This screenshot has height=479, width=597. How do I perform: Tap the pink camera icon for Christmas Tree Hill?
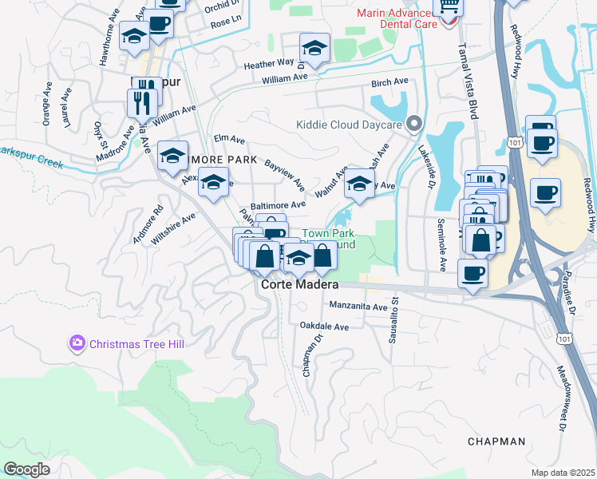(77, 344)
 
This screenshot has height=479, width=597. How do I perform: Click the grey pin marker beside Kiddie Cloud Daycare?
(413, 124)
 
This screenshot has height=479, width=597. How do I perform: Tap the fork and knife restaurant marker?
(142, 102)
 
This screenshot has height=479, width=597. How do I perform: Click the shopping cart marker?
(448, 7)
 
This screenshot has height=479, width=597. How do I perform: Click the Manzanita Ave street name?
(358, 307)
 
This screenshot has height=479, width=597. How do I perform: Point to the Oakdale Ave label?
(324, 327)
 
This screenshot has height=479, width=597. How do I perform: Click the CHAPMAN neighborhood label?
(496, 441)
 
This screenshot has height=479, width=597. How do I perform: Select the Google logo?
(26, 469)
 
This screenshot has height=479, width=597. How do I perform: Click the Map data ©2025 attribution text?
(563, 473)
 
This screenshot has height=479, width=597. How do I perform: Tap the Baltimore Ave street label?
(278, 205)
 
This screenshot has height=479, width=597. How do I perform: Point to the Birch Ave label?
(389, 81)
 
